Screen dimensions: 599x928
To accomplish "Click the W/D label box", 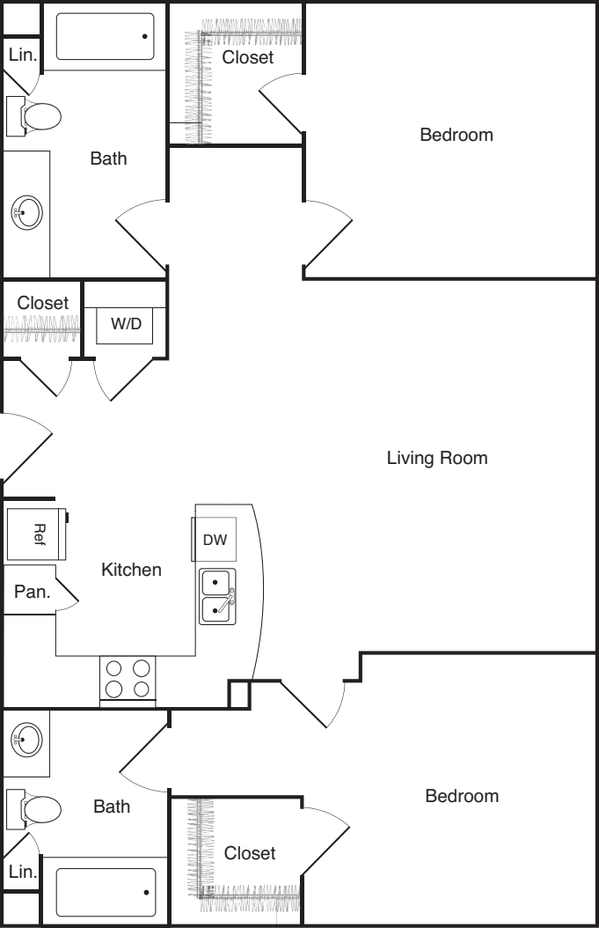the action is coord(125,325).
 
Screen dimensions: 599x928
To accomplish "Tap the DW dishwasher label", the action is coord(215,539).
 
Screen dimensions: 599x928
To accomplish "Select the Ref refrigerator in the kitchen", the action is coord(37,534).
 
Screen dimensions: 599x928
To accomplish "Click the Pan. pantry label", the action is coord(32,592).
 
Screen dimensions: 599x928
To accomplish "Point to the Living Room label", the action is coord(437,458).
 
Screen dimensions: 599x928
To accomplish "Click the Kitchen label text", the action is coord(131,570).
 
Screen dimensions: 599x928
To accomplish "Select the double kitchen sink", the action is coord(217,597).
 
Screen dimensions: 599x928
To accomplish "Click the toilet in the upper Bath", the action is coord(34,116).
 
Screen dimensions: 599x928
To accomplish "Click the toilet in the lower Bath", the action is coord(34,808).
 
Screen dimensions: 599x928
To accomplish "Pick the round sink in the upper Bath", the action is coord(26,212).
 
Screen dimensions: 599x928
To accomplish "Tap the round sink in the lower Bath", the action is coord(26,740).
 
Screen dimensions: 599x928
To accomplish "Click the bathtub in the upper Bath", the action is coord(106,36).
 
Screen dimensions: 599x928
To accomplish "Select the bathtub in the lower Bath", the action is coord(106,892).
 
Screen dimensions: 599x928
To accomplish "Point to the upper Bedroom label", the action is coord(457,135).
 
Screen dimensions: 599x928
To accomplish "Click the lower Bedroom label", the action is coord(462,795).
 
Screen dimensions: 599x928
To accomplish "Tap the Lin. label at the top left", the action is coord(23,55).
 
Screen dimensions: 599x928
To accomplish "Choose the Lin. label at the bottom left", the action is coord(23,871).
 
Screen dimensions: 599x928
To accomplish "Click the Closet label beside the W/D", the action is coord(42,302).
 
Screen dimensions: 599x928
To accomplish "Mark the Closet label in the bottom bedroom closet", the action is coord(250,853).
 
